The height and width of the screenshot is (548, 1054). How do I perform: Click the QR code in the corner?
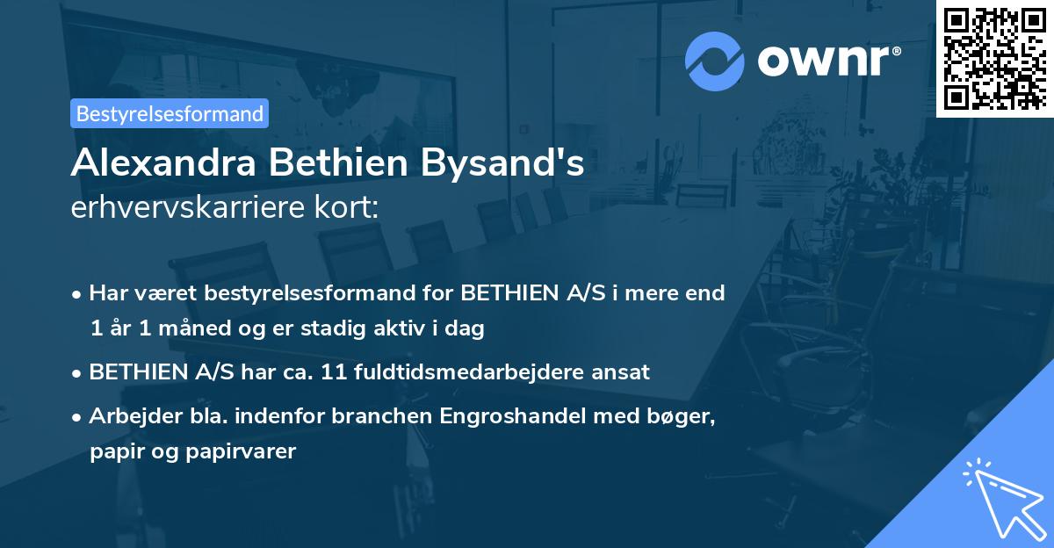pos(994,58)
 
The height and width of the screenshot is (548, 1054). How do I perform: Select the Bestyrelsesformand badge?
pos(170,113)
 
